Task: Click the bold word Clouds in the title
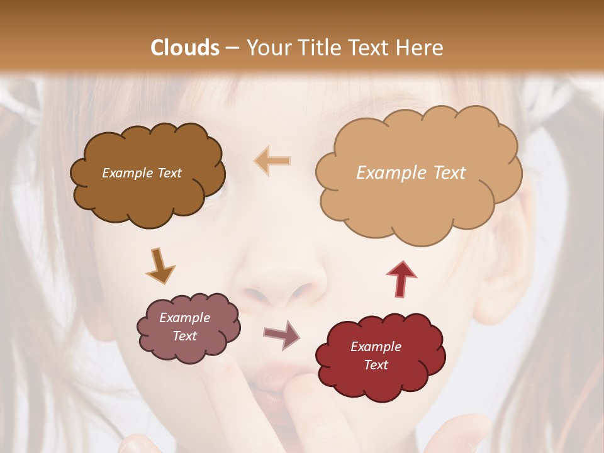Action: pyautogui.click(x=185, y=48)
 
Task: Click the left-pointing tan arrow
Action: pyautogui.click(x=272, y=160)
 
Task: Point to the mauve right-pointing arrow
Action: pyautogui.click(x=282, y=335)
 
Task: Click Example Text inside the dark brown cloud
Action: pyautogui.click(x=142, y=173)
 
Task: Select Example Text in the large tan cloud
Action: pyautogui.click(x=411, y=173)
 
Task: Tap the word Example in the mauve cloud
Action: pyautogui.click(x=184, y=318)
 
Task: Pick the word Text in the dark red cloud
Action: pyautogui.click(x=376, y=365)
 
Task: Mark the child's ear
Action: pyautogui.click(x=503, y=264)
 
